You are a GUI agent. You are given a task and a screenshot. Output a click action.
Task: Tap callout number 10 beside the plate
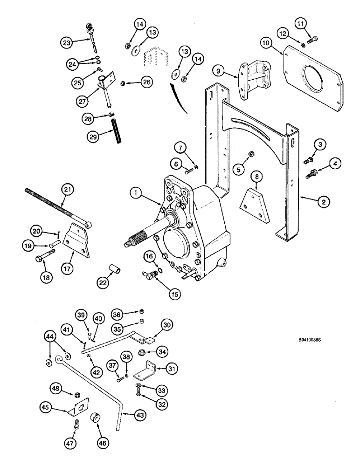266,42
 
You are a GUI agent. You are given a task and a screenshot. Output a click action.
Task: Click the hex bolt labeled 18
47,255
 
